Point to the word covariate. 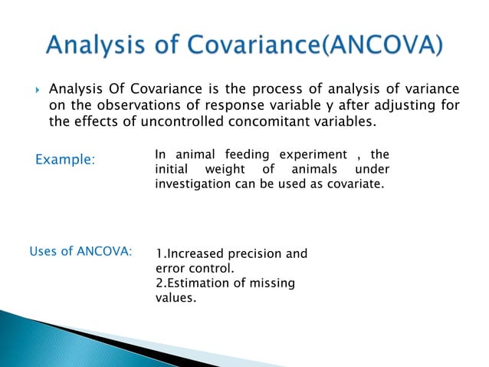pos(350,184)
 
